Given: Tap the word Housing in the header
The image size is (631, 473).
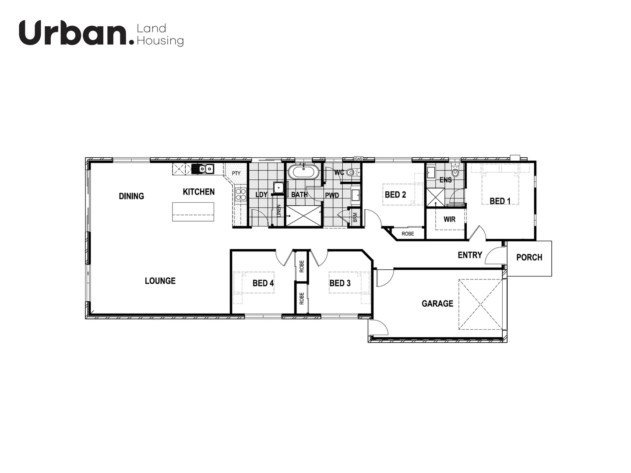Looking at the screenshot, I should [160, 41].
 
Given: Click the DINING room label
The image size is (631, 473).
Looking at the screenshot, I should [131, 196].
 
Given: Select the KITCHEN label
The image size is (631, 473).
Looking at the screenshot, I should [199, 192].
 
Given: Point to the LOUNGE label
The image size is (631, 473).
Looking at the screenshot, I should [160, 281].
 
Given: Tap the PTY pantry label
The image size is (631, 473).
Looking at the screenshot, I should [236, 173].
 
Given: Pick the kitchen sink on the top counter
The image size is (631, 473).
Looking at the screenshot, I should [203, 169].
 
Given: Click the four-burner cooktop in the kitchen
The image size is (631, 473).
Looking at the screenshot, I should [240, 194].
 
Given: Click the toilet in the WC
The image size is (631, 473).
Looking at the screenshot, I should [350, 173].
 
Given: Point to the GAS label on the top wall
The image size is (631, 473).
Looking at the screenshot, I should [359, 159].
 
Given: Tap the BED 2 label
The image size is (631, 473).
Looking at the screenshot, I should [395, 195].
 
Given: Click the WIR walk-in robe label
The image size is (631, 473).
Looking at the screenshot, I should [450, 219].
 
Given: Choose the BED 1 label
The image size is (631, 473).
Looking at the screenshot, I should [500, 201].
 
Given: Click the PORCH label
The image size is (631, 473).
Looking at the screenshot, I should [529, 258].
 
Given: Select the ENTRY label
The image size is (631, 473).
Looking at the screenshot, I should [470, 255].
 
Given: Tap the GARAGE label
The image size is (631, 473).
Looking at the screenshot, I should [437, 304].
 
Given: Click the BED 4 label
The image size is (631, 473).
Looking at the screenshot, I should [263, 283].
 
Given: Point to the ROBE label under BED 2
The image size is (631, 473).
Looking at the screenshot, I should [408, 234].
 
